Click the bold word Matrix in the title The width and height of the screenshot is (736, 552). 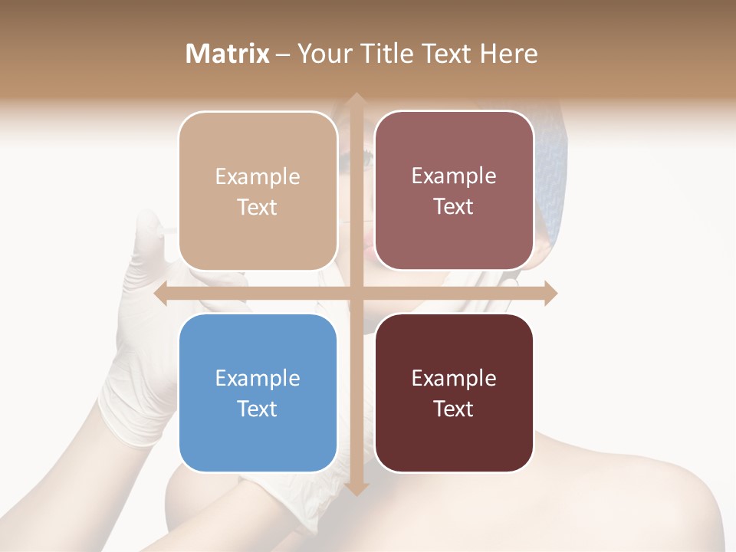(x=228, y=54)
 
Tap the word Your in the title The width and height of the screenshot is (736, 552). (x=321, y=54)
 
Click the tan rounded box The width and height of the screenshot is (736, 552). (x=258, y=191)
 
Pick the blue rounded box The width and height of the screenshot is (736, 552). (x=258, y=393)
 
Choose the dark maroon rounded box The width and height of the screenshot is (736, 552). (x=454, y=393)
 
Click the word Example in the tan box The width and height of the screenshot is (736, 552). (x=258, y=176)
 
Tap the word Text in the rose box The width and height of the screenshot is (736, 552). (x=454, y=206)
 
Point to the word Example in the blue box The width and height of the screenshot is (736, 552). (x=258, y=378)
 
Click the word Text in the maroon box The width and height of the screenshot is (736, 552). (x=454, y=409)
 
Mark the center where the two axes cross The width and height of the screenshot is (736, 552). (x=356, y=294)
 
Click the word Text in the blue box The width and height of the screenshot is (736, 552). (x=258, y=409)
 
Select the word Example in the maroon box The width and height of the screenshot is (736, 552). (x=454, y=378)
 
